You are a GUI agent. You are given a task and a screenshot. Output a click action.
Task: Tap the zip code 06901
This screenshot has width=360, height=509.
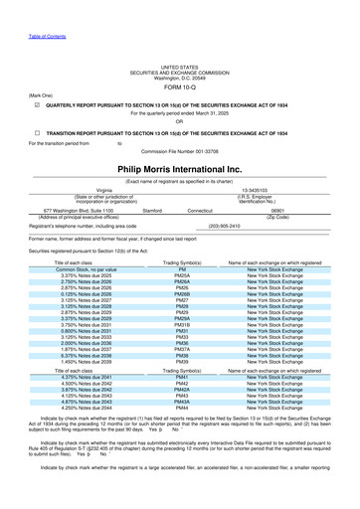point(264,211)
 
